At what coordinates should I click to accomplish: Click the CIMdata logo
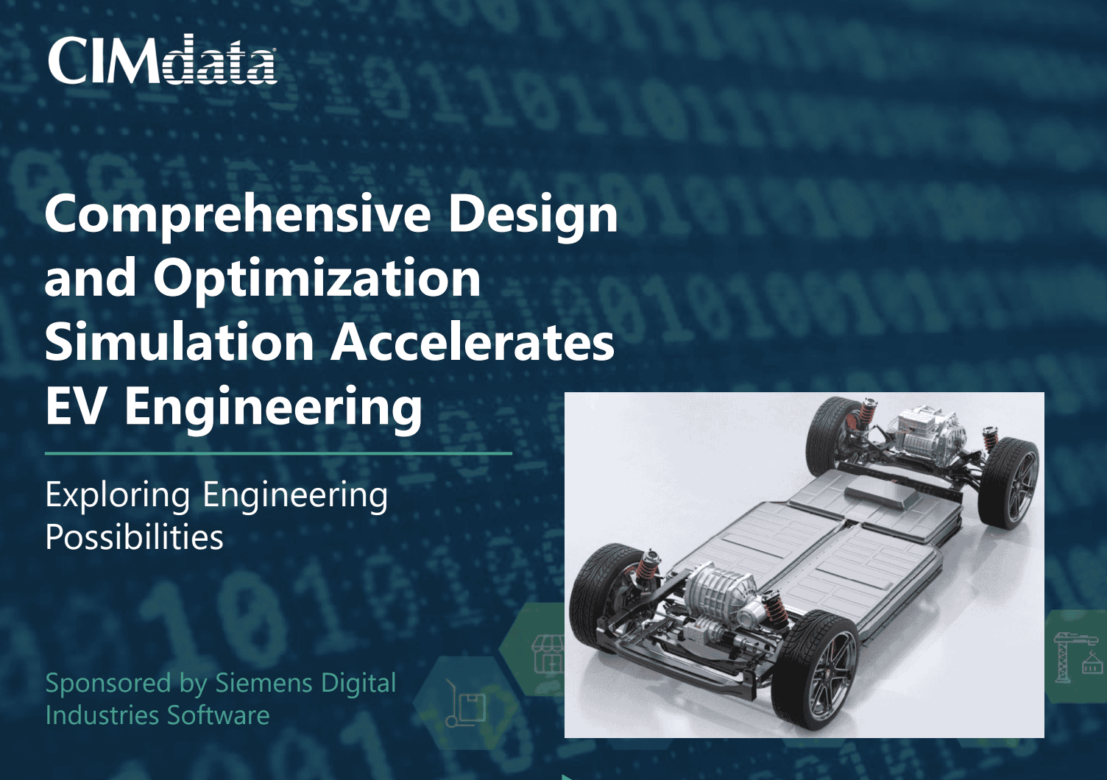(x=162, y=60)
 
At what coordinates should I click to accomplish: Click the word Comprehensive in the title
(x=238, y=214)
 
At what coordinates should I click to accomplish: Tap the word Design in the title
(x=533, y=214)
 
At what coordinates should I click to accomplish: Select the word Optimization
(x=316, y=278)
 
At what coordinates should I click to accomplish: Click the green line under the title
(x=278, y=454)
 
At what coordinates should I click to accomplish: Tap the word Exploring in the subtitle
(x=118, y=495)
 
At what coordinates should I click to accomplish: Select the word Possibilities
(x=135, y=537)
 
